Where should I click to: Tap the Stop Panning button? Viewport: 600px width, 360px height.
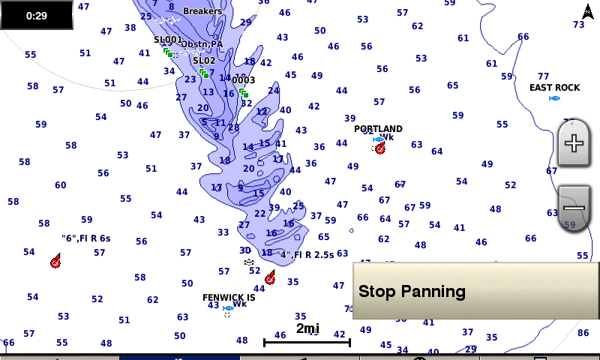coord(475,291)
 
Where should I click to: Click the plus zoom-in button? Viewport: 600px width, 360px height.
coord(574,143)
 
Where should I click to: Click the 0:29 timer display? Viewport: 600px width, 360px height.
coord(36,15)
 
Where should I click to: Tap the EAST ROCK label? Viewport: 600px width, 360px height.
coord(554,88)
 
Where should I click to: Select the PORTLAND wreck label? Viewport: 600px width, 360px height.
coord(378,129)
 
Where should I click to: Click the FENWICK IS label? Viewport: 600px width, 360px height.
coord(229,298)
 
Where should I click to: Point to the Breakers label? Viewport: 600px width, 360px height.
coord(202,11)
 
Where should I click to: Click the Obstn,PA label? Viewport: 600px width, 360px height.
coord(202,44)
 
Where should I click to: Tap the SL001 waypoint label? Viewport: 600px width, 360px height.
coord(168,40)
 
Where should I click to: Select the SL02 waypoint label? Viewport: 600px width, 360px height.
coord(204,61)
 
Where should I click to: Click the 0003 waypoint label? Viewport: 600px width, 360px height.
coord(243,80)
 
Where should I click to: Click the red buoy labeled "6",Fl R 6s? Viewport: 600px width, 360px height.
coord(55,262)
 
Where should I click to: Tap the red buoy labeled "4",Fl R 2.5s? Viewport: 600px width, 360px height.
coord(270,278)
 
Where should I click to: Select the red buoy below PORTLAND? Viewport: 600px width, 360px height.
coord(380,148)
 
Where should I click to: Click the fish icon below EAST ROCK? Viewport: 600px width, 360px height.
coord(554,98)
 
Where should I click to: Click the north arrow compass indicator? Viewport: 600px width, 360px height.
coord(587,12)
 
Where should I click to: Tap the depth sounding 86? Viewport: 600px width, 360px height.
coord(583,332)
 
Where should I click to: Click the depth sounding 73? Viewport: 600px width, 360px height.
coord(578,25)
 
